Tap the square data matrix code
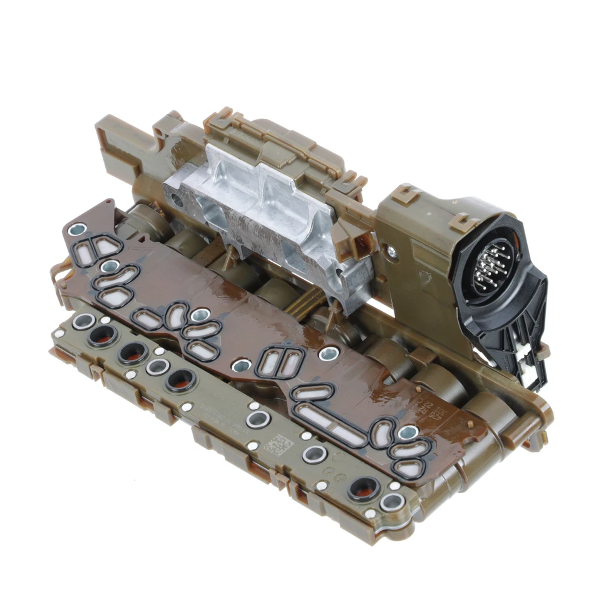[275, 445]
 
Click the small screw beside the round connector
[392, 252]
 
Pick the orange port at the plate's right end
[364, 488]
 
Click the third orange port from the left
[180, 379]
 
